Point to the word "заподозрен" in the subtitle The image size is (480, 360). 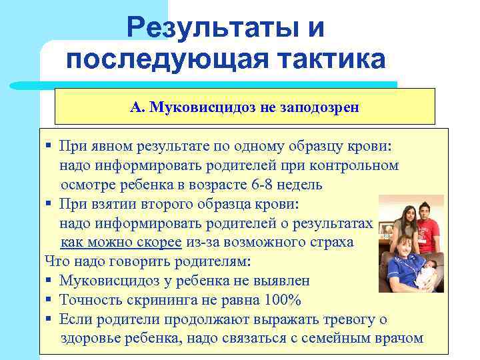tap(321, 107)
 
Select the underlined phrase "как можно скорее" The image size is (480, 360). tap(117, 242)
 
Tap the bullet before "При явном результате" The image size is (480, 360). tap(49, 146)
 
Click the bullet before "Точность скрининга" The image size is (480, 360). tap(49, 300)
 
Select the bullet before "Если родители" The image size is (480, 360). tap(49, 319)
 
